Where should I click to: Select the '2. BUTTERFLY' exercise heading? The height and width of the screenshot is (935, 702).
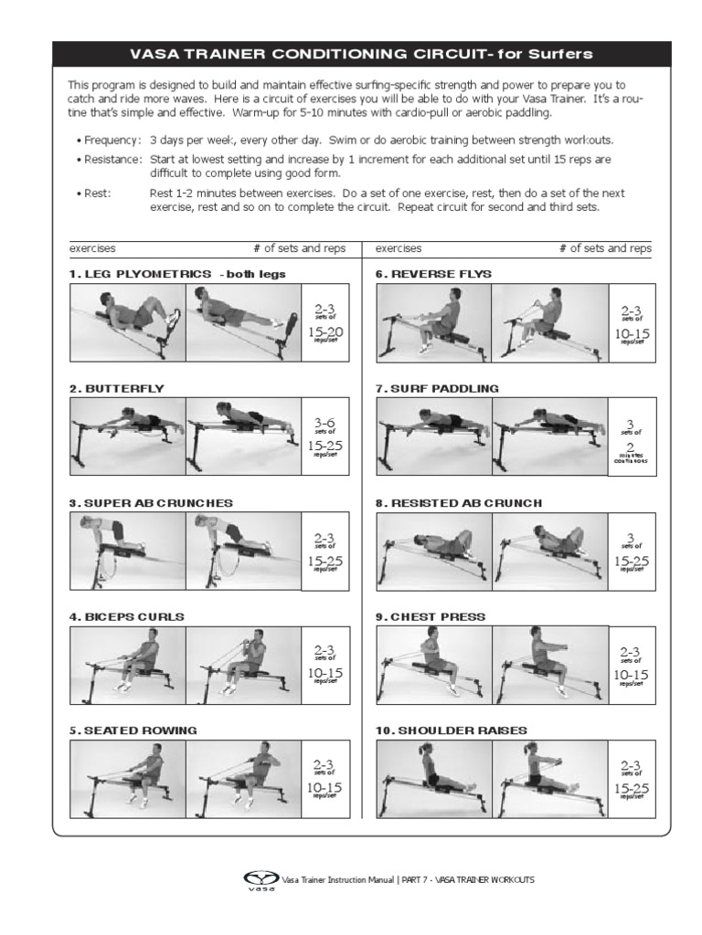click(116, 388)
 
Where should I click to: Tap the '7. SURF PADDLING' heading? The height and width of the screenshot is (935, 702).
click(438, 388)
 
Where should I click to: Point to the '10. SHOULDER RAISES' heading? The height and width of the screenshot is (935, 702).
click(452, 730)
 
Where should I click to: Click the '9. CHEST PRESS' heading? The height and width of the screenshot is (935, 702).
click(431, 616)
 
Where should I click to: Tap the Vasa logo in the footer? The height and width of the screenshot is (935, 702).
click(261, 880)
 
